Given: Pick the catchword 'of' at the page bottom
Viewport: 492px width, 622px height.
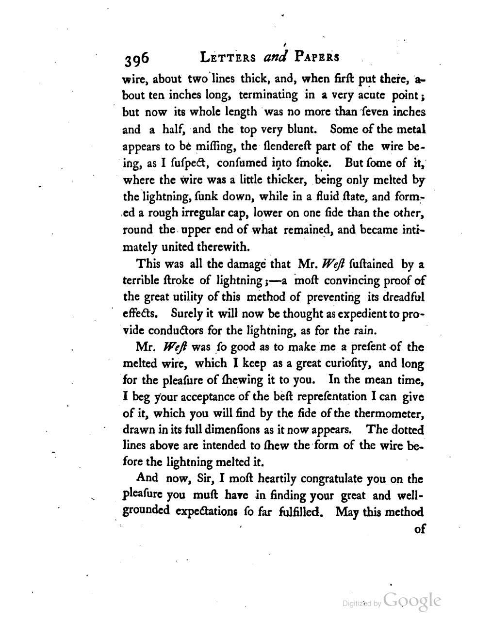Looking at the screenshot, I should (419, 528).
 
